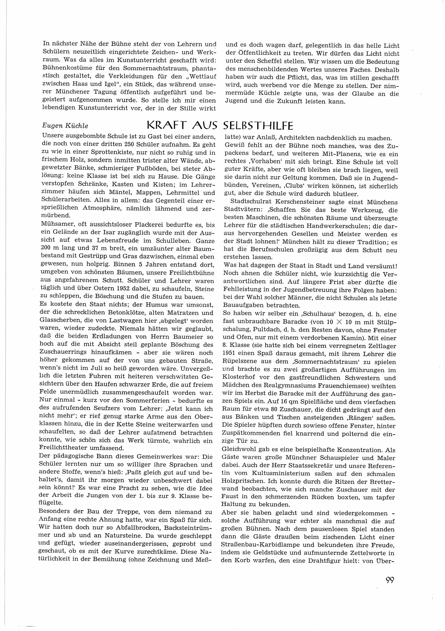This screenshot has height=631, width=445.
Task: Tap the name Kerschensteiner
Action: pos(295,202)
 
